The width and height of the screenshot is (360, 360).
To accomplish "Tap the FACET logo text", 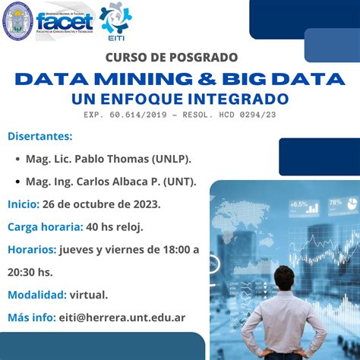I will (x=65, y=22).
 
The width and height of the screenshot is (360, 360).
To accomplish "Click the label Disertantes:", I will (x=40, y=136).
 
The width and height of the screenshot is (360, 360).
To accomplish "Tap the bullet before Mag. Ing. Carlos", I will (x=17, y=182).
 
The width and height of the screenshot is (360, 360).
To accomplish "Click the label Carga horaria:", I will (x=46, y=227).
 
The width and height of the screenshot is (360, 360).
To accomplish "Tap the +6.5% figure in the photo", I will (x=298, y=204).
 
